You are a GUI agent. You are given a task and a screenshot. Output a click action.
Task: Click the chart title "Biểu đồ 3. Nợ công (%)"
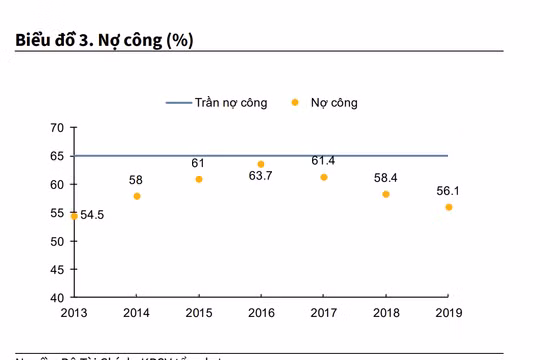tap(104, 40)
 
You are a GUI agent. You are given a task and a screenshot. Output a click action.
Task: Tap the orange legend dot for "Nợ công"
tap(295, 102)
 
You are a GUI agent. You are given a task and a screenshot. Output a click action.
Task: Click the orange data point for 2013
tap(74, 215)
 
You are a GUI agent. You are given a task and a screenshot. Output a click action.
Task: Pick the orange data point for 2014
tap(136, 196)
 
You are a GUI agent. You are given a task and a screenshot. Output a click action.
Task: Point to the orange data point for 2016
tap(261, 164)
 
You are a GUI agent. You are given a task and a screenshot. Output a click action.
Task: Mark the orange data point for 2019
tap(448, 207)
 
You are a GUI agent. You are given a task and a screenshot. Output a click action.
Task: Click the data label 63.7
tap(261, 176)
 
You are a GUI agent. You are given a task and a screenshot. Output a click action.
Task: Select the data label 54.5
tap(92, 215)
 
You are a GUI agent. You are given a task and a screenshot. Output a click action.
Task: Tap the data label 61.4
tap(324, 160)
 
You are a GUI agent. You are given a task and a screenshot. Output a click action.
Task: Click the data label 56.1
tap(448, 190)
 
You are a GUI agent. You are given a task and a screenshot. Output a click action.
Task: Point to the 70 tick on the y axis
tap(57, 128)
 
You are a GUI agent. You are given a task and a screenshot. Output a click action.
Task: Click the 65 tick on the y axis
tap(57, 156)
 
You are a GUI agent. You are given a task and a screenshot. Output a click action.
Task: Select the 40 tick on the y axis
tap(57, 298)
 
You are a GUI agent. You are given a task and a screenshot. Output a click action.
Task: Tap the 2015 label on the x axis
tap(199, 313)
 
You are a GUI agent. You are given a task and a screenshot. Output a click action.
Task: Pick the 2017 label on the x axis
tap(324, 313)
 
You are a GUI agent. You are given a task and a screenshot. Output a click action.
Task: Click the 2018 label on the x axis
tap(386, 313)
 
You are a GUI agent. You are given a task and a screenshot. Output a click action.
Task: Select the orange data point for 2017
tap(324, 177)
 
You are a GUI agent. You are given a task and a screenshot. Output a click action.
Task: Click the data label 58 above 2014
tap(136, 180)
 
